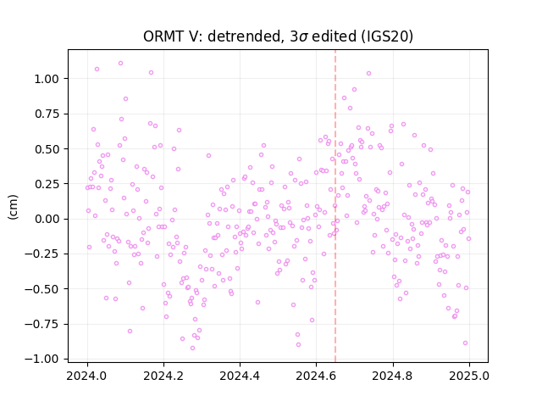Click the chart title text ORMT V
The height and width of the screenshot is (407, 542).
[171, 36]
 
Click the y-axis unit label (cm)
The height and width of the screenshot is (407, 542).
[14, 207]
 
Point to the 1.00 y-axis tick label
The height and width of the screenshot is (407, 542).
[47, 79]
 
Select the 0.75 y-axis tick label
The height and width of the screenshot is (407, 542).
[47, 114]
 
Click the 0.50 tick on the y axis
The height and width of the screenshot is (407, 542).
[47, 149]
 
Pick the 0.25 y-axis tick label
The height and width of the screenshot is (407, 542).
[47, 184]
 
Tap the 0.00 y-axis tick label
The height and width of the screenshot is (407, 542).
[47, 219]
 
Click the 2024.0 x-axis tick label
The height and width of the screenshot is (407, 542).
[86, 376]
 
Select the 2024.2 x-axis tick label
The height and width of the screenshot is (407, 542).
[163, 376]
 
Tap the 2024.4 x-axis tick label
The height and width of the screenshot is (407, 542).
[240, 376]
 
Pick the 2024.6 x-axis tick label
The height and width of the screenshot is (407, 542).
[316, 376]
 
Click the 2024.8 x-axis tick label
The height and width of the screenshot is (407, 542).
[392, 376]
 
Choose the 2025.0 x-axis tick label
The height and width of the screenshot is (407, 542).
[469, 376]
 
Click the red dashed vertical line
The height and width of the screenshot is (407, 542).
[335, 206]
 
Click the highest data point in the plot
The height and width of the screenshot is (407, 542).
[120, 64]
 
